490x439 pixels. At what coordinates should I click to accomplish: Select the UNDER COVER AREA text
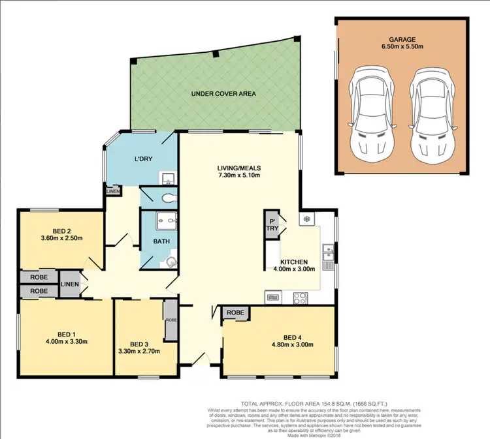[x=223, y=94]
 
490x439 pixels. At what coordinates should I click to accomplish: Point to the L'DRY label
[x=143, y=160]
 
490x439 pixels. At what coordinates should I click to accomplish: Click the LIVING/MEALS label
[x=238, y=172]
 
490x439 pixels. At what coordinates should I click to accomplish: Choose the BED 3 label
[x=139, y=348]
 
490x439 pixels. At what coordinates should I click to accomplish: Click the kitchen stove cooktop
[x=301, y=297]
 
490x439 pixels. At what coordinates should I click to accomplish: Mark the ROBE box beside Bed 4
[x=236, y=313]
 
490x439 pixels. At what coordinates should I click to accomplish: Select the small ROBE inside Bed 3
[x=171, y=320]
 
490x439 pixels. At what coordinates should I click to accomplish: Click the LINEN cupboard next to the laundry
[x=112, y=191]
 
